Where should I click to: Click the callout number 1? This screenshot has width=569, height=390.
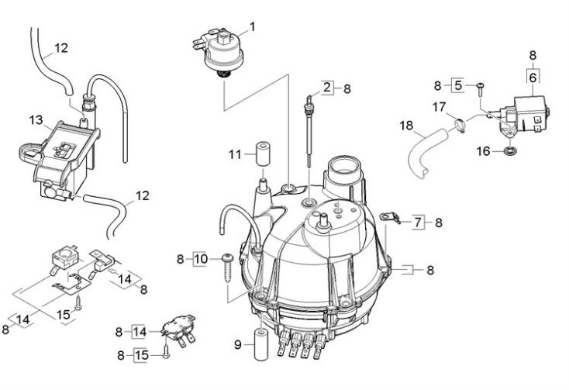pyautogui.click(x=252, y=27)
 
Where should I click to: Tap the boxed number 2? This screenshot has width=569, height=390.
pyautogui.click(x=328, y=88)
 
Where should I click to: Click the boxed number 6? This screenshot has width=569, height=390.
pyautogui.click(x=533, y=78)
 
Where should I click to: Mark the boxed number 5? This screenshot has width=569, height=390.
pyautogui.click(x=457, y=85)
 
